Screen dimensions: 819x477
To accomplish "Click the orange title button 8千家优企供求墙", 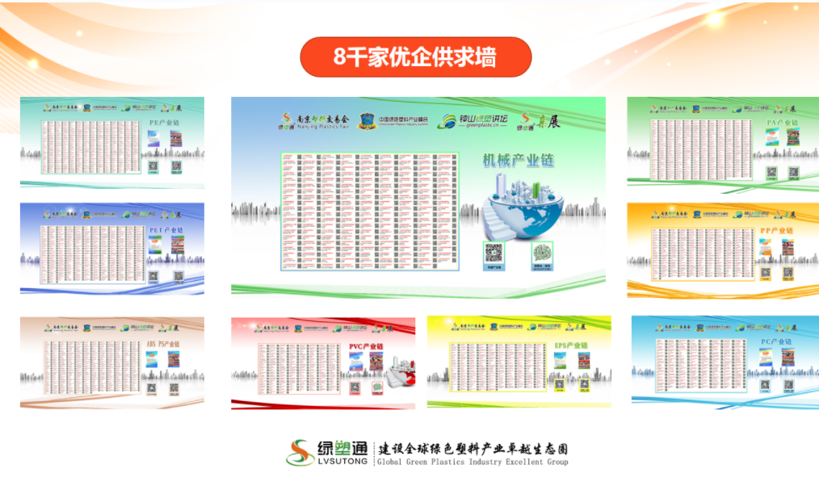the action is (x=415, y=56).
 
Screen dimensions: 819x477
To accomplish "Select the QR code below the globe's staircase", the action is (x=493, y=253).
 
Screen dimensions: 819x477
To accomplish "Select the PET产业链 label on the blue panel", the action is (x=166, y=229).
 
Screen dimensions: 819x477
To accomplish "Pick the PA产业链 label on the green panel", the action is (x=782, y=123).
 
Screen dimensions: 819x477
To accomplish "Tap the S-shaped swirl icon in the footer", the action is (x=300, y=453).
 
